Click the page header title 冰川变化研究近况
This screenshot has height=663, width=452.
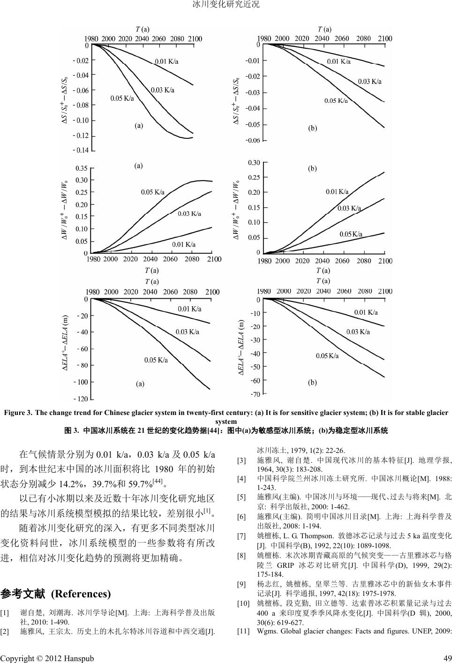point(226,5)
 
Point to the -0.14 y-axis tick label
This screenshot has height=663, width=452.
point(81,151)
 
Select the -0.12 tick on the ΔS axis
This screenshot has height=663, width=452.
point(81,136)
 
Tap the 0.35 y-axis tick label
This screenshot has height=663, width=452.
point(81,168)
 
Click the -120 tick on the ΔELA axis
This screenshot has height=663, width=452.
point(81,399)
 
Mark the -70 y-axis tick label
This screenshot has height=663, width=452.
point(255,394)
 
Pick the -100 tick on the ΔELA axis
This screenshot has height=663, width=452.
point(81,382)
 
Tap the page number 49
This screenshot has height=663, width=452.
point(447,658)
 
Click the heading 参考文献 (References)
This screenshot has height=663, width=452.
point(56,594)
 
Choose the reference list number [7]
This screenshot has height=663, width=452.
point(242,536)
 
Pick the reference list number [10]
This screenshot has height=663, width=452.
point(243,603)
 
